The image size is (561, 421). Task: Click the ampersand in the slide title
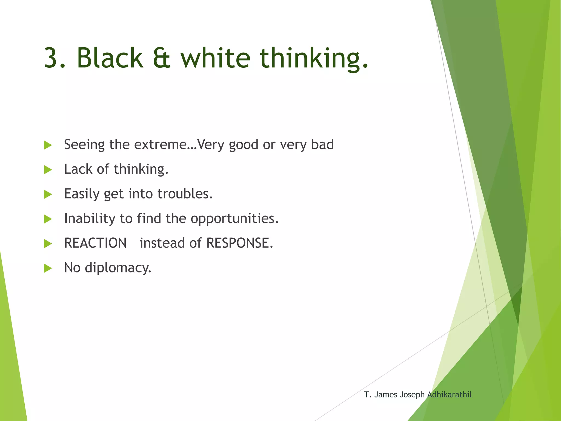pyautogui.click(x=162, y=58)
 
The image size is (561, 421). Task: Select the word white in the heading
pyautogui.click(x=215, y=58)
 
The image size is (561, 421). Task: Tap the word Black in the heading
pyautogui.click(x=110, y=58)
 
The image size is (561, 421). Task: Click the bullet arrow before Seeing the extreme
pyautogui.click(x=48, y=145)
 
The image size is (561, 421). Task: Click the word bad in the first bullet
pyautogui.click(x=322, y=144)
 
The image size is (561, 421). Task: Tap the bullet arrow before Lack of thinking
pyautogui.click(x=48, y=170)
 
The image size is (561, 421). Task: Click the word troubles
pyautogui.click(x=185, y=194)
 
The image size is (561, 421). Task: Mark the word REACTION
pyautogui.click(x=95, y=243)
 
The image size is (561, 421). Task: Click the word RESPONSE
pyautogui.click(x=239, y=243)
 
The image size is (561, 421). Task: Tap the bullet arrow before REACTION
pyautogui.click(x=48, y=244)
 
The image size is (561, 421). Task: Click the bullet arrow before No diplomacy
pyautogui.click(x=48, y=268)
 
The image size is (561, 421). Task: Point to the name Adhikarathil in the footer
pyautogui.click(x=449, y=395)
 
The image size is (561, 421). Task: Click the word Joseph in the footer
pyautogui.click(x=412, y=395)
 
